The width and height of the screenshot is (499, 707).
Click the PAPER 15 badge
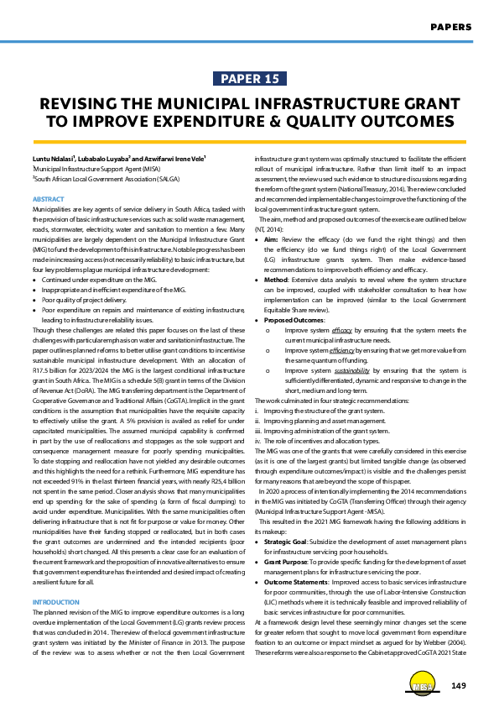coord(249,79)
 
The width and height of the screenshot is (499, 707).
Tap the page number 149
coord(457,687)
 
